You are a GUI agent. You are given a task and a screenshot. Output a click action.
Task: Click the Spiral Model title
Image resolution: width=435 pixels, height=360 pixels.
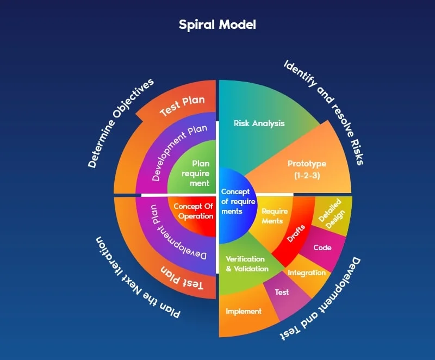pos(217,24)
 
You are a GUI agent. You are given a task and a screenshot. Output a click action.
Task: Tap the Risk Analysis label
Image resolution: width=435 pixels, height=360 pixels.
pos(259,123)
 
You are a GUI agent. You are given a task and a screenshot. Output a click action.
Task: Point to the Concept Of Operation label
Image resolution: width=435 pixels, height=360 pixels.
pos(192,211)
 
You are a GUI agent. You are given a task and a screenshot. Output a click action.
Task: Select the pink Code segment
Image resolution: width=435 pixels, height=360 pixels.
pos(322,248)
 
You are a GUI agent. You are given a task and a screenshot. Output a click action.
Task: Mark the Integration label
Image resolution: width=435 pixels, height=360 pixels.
pos(307,272)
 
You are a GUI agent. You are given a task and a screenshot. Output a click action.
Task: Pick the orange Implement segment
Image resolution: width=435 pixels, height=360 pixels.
pos(244,312)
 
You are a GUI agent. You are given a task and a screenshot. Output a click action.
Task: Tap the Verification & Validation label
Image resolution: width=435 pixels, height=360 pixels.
pos(247,264)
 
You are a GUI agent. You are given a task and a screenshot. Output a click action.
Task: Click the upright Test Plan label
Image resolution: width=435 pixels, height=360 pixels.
pos(182,107)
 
